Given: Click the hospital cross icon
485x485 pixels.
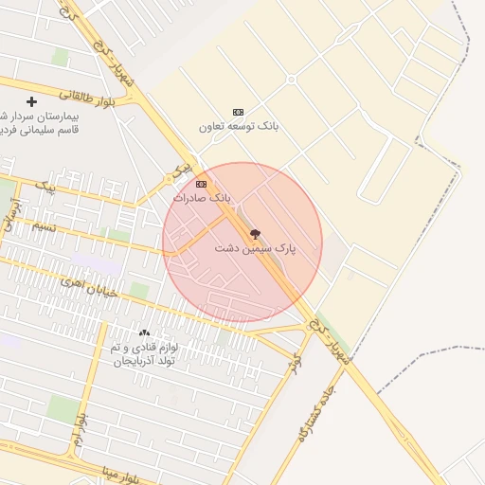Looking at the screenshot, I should tap(31, 101).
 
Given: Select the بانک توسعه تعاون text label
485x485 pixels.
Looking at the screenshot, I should tap(236, 126).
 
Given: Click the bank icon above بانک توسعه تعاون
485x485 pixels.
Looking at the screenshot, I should tap(237, 112).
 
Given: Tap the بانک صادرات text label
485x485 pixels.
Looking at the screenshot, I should tap(202, 198).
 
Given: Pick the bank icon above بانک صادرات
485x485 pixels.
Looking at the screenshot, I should tap(201, 184).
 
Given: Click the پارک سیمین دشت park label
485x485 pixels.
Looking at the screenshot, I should tap(255, 248).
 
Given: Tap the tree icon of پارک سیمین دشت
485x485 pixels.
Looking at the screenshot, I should tap(255, 233).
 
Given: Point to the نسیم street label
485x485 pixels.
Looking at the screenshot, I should tap(45, 227).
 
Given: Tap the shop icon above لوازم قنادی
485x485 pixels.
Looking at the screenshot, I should tap(145, 332).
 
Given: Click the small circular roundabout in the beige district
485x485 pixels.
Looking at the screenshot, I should tap(292, 79).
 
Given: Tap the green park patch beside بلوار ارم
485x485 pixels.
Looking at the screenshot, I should tap(63, 408).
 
